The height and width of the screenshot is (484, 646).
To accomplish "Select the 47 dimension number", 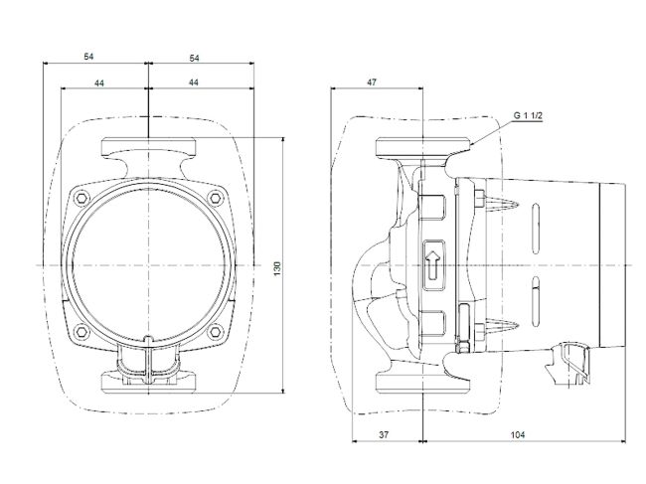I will (x=371, y=83).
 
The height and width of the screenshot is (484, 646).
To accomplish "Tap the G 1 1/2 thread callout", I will (x=530, y=116).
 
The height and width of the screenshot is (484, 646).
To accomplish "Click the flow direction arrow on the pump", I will (x=433, y=265).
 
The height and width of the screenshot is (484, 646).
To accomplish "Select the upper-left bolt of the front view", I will (x=81, y=198).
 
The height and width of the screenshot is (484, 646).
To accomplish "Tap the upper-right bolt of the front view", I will (x=216, y=198).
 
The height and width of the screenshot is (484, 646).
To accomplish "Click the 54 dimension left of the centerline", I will (x=96, y=59).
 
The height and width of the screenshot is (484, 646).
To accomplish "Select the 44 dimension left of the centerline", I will (x=99, y=83).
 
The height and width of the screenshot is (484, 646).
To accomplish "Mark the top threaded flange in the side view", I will (x=423, y=151).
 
